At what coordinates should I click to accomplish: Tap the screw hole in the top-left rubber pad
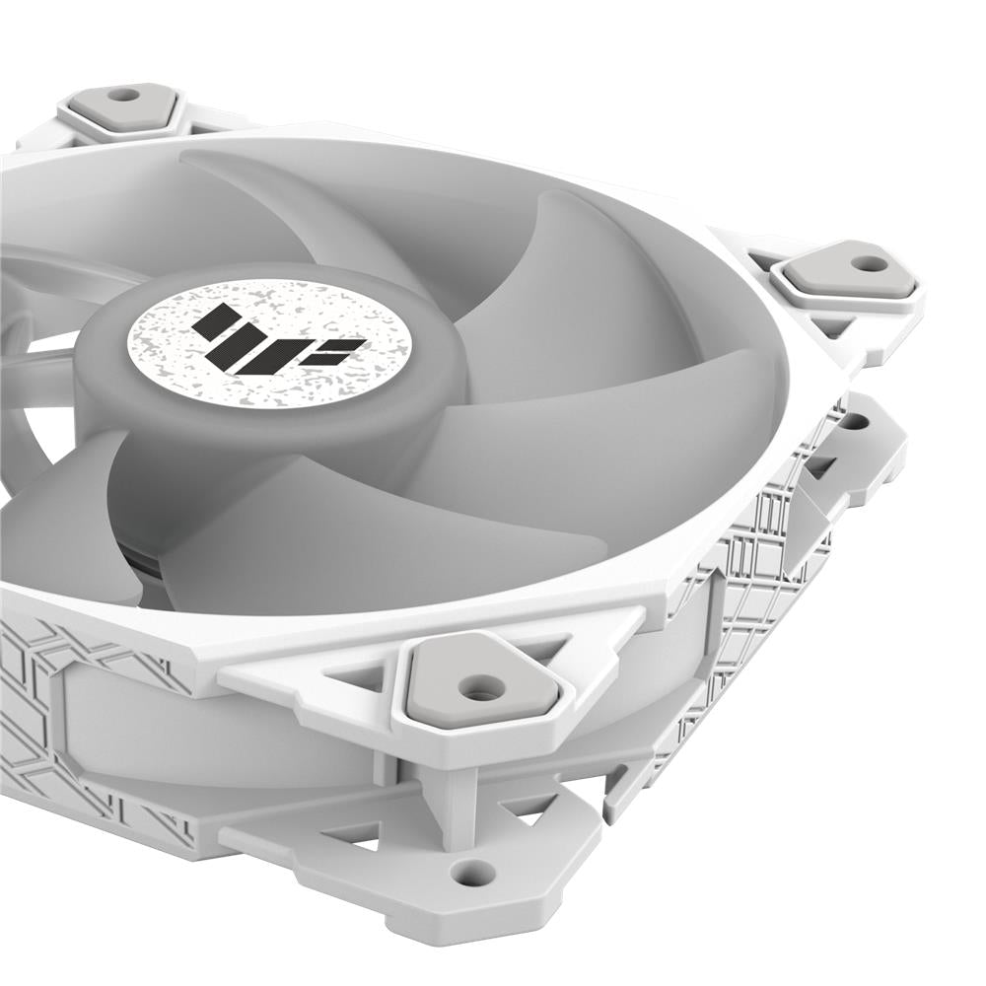coord(123,96)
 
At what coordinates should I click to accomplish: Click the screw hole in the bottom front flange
coord(472,871)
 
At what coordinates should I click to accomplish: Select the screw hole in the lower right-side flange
coord(853,422)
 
